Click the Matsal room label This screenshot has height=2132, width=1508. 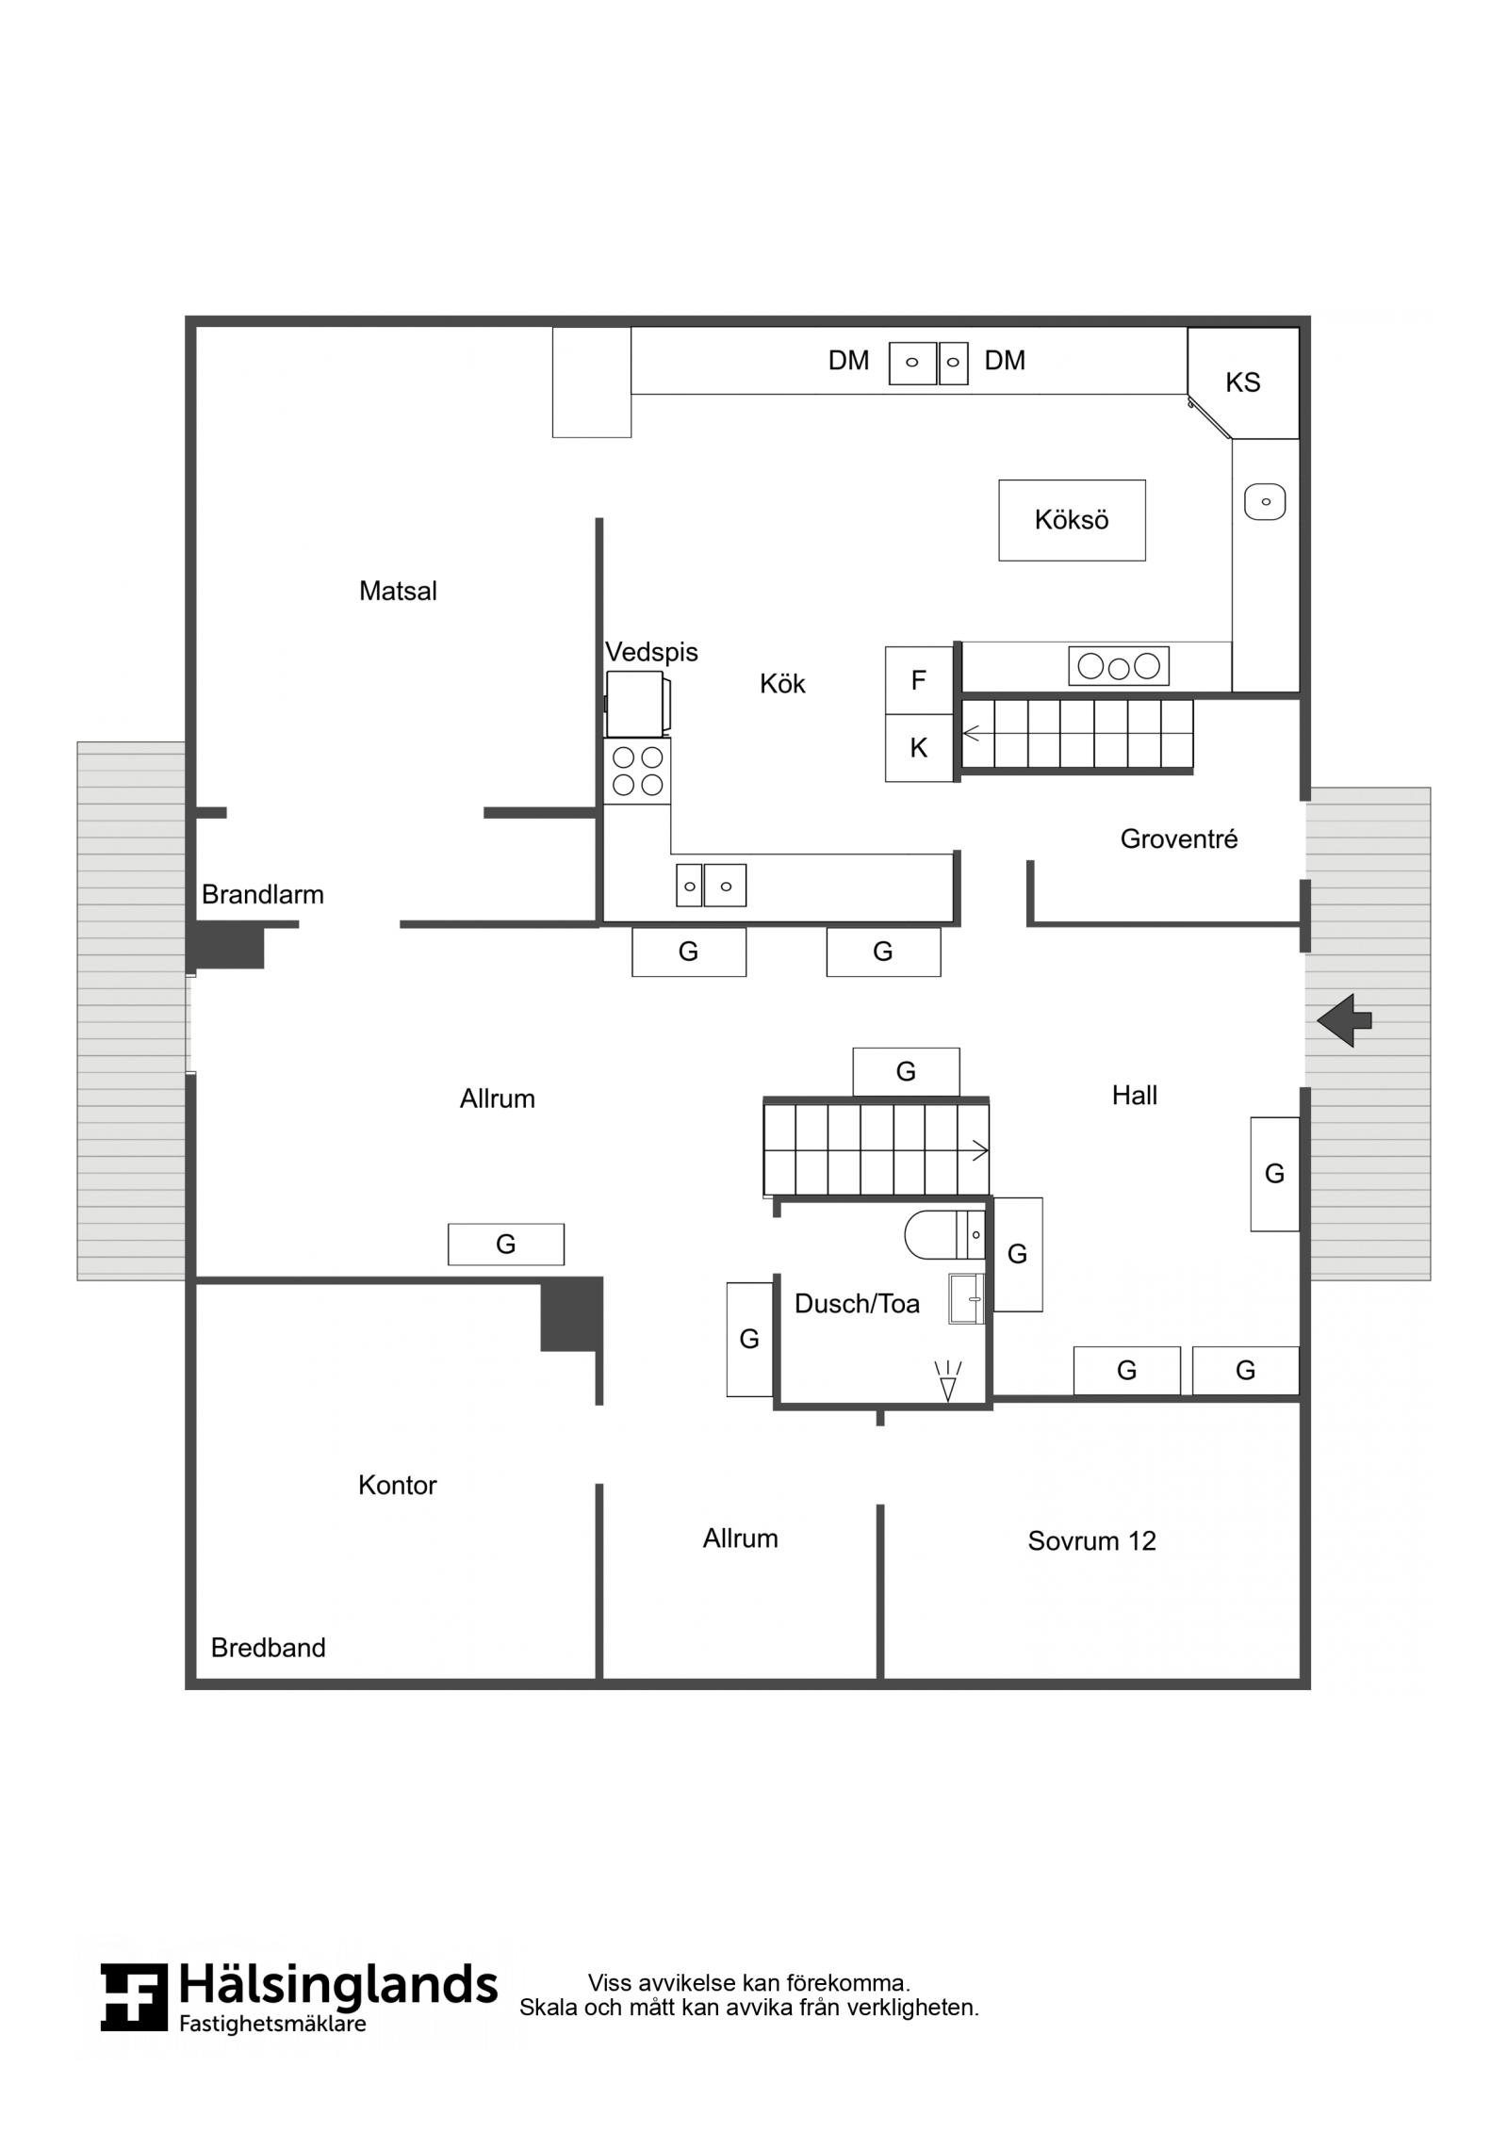point(398,591)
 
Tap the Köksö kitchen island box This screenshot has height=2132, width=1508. point(1072,520)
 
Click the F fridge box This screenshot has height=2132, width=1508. point(919,680)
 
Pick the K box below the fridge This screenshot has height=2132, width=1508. point(919,748)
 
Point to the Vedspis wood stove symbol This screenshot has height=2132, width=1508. point(638,704)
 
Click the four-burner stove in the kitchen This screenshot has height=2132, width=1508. point(637,771)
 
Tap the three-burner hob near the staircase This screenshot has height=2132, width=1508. point(1119,666)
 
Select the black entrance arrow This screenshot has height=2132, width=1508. point(1344,1020)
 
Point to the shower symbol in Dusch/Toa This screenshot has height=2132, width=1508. point(948,1380)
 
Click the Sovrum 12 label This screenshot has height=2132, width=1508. point(1091,1540)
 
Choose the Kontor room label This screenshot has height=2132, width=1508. point(398,1485)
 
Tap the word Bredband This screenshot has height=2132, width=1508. point(269,1647)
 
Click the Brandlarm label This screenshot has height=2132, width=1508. point(263,894)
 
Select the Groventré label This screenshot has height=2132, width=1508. point(1179,838)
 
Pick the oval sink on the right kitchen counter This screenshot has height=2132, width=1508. point(1265,501)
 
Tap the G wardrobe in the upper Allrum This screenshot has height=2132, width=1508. point(506,1244)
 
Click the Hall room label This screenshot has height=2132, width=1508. point(1135,1095)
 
